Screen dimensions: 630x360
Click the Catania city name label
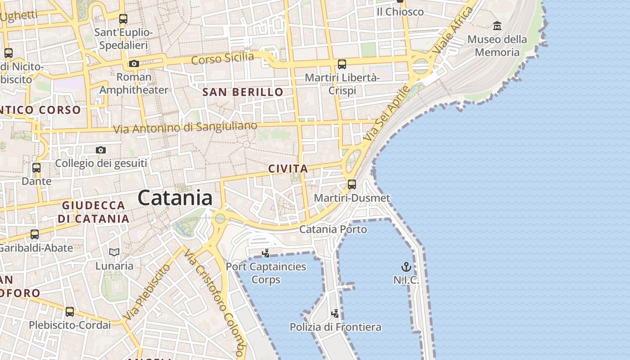click(x=175, y=198)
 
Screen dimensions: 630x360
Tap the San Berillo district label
click(x=243, y=92)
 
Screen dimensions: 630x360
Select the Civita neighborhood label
click(x=288, y=169)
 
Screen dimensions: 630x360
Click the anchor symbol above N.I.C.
click(x=406, y=267)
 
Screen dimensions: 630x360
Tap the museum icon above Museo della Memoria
click(x=497, y=26)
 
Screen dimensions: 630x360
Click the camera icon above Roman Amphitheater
click(x=134, y=64)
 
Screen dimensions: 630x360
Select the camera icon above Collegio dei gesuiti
click(x=101, y=150)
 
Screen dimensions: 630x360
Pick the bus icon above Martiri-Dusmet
click(x=352, y=184)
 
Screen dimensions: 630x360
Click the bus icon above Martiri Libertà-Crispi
click(x=342, y=64)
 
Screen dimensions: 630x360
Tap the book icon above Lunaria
click(x=114, y=252)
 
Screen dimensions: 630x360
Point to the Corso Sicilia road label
click(x=222, y=58)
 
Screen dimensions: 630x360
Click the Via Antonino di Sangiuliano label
click(x=185, y=128)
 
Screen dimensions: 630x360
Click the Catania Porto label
click(x=333, y=229)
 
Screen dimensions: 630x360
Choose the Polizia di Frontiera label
click(x=335, y=327)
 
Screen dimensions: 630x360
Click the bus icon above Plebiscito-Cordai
click(x=70, y=312)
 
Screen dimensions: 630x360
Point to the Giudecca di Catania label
click(x=93, y=212)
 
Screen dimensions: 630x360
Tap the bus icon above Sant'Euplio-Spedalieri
click(x=123, y=19)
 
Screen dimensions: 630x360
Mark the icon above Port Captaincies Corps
click(x=266, y=253)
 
